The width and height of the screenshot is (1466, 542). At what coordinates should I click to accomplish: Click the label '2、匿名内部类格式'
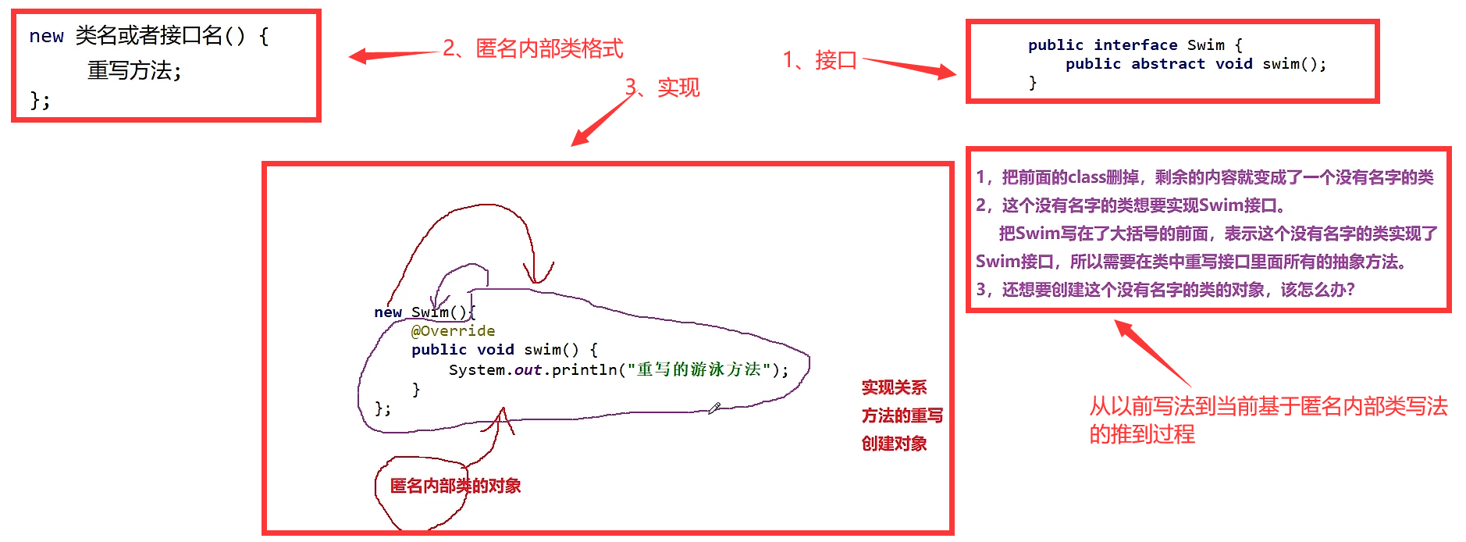[532, 48]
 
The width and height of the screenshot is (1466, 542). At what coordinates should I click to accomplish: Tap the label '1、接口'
[820, 60]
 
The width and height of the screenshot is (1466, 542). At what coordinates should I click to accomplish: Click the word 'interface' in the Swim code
[1135, 45]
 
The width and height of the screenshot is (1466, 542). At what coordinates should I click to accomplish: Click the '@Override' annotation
[453, 331]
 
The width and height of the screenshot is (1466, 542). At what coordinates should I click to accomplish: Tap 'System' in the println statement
[476, 369]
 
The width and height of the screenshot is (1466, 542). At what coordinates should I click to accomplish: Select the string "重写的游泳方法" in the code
[699, 369]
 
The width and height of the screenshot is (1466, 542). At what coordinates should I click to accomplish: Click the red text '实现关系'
[894, 387]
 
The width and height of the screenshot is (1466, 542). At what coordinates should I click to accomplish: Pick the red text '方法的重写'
[902, 415]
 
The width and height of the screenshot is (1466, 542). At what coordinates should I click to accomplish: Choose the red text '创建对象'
[894, 444]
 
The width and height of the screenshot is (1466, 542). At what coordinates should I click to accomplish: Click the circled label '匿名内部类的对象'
[455, 486]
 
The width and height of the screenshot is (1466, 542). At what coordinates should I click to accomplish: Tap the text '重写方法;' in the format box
[134, 71]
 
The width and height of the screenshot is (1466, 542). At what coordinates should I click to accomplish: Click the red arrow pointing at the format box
[390, 55]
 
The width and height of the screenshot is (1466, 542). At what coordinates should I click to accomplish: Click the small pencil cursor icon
[714, 408]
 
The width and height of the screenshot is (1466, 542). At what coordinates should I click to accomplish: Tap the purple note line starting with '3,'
[1165, 290]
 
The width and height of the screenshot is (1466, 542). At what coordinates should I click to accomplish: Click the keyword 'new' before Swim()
[387, 312]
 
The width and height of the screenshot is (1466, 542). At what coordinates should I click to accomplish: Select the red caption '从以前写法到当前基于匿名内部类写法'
[1268, 406]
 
